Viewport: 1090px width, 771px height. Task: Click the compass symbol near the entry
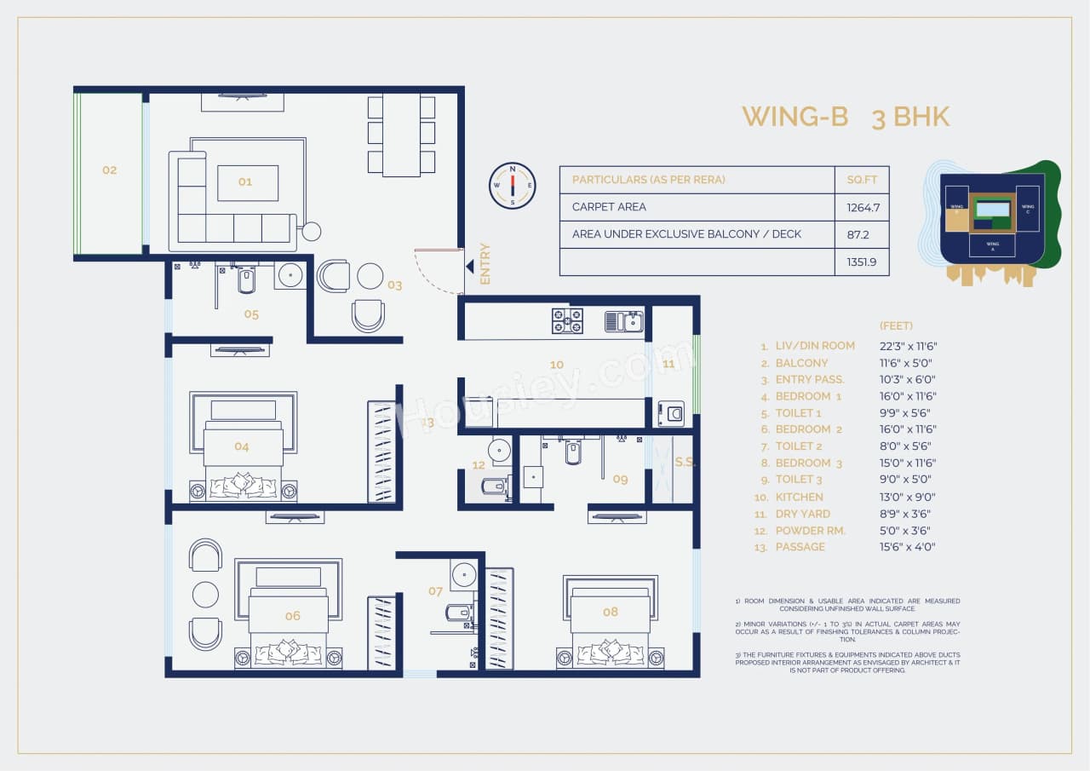tap(513, 186)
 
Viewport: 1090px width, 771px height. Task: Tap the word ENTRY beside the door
tap(485, 264)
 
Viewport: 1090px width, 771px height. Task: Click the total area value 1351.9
tap(861, 262)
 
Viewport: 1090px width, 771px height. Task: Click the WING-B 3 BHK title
tap(845, 117)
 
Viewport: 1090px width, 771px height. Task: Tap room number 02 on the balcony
tap(109, 170)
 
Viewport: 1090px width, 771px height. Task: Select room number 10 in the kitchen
tap(556, 365)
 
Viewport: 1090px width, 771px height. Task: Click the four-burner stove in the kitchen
tap(567, 320)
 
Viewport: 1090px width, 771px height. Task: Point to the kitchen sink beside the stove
tap(624, 321)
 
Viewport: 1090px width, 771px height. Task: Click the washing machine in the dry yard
tap(671, 414)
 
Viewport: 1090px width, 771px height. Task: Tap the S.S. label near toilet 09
tap(685, 463)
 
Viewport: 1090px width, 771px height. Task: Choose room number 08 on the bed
tap(610, 612)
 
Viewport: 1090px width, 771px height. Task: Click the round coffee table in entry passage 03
tap(370, 276)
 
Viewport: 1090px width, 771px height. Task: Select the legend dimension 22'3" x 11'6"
tap(908, 346)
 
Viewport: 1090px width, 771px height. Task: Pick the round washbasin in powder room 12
tap(500, 450)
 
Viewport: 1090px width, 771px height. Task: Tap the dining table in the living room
tap(401, 135)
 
